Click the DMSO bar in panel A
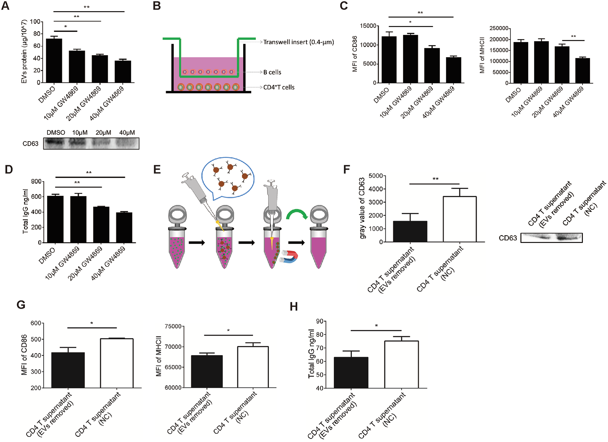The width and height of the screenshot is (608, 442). tap(54, 61)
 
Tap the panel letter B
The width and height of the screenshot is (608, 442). tap(157, 6)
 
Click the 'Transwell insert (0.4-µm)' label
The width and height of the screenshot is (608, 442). tap(298, 42)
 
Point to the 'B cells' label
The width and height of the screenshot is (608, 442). tap(272, 72)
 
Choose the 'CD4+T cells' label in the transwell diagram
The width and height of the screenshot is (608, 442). tap(279, 87)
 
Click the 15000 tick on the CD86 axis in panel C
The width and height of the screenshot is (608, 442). tap(368, 26)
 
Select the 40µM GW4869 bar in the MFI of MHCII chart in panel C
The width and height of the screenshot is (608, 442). tap(582, 71)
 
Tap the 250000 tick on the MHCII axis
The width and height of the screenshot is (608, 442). tap(499, 28)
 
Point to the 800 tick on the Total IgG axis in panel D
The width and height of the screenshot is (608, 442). tap(36, 182)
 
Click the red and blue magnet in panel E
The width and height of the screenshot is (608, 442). tap(289, 257)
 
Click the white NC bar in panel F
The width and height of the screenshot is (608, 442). tap(460, 219)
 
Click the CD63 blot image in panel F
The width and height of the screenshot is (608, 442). tap(551, 238)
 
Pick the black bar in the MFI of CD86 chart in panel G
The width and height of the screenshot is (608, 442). tap(68, 370)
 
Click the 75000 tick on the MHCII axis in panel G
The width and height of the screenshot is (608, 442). tap(173, 326)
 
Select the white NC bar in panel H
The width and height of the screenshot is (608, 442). tap(401, 364)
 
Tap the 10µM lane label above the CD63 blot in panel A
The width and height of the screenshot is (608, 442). tap(80, 133)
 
